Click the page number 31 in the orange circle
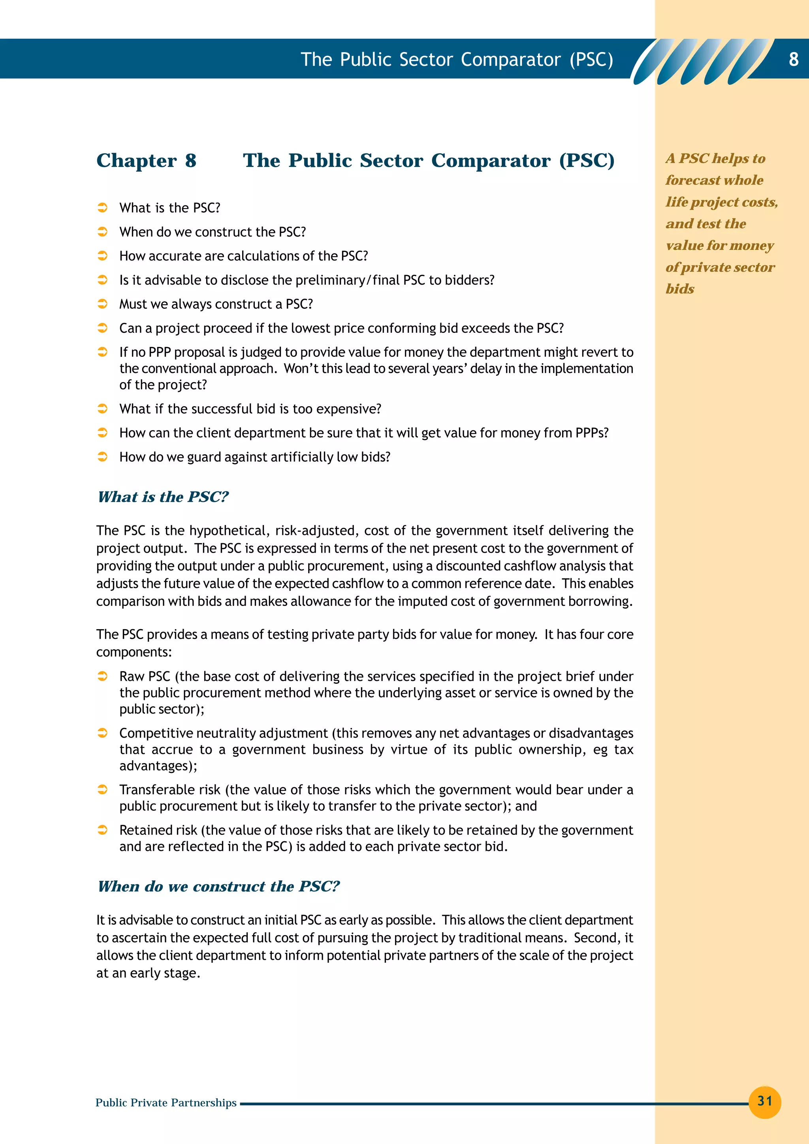point(765,1101)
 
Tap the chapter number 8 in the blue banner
point(794,59)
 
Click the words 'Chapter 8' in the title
point(147,160)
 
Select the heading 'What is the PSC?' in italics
point(163,497)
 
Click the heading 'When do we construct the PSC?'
point(218,886)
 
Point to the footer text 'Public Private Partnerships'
point(166,1103)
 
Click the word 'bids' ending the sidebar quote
point(680,289)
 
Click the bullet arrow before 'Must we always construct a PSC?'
point(102,304)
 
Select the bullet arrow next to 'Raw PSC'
point(102,676)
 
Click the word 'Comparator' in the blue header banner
point(510,59)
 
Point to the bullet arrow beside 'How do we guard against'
point(102,456)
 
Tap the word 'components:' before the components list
point(134,652)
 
